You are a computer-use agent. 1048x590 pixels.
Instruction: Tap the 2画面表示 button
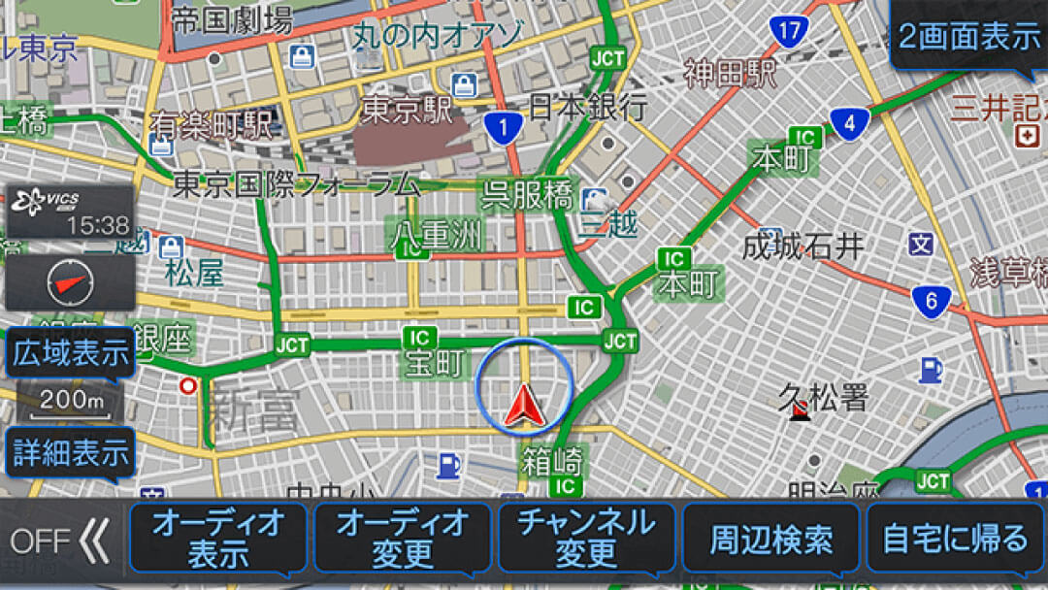click(968, 37)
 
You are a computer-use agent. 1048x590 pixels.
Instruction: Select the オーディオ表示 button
click(218, 538)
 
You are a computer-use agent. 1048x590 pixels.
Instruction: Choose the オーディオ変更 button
click(403, 538)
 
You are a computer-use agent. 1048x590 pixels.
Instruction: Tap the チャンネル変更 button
click(586, 538)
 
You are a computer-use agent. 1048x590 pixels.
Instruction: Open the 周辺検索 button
click(770, 539)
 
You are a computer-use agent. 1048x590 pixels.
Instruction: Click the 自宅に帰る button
click(955, 538)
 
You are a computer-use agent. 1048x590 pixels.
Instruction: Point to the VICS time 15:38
click(97, 225)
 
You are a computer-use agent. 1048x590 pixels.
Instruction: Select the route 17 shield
click(788, 31)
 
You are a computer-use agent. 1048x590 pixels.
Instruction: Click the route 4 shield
click(848, 124)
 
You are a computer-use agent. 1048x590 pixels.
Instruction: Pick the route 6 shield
click(931, 302)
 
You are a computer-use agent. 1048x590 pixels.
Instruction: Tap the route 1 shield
click(503, 126)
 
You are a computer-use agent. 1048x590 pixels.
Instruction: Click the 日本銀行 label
click(588, 105)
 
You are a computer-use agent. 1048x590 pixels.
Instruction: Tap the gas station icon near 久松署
click(930, 370)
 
